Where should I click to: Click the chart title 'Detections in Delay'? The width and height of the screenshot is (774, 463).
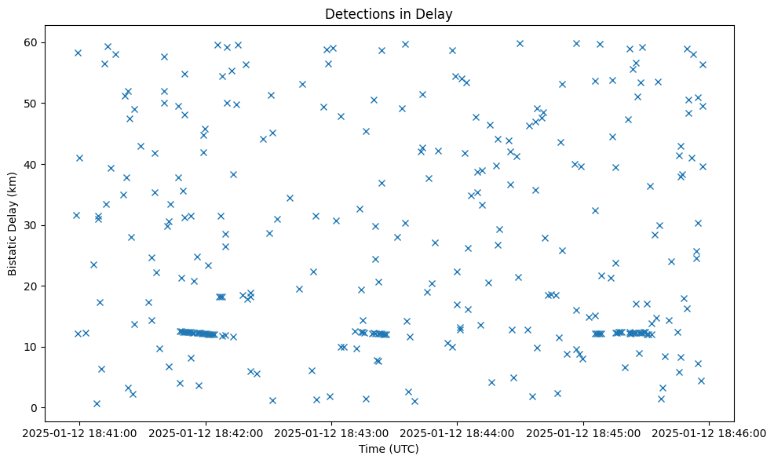(x=389, y=14)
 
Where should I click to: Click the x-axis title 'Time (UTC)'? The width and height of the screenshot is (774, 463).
(x=389, y=449)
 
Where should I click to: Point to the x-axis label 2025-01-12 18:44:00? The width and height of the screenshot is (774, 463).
(x=458, y=432)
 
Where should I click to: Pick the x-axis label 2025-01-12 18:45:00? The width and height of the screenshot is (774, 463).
(x=583, y=432)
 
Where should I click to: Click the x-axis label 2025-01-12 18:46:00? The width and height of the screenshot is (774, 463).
(x=709, y=432)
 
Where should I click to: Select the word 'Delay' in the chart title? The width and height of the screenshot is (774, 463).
(x=436, y=14)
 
